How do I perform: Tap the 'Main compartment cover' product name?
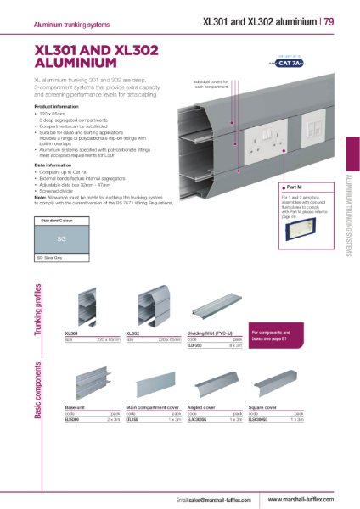coord(150,407)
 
